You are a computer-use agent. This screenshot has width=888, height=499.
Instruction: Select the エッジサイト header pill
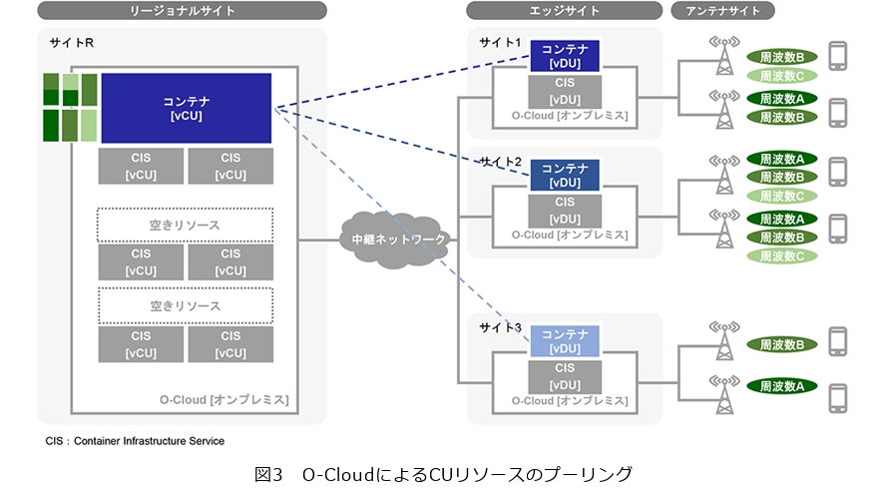pyautogui.click(x=564, y=11)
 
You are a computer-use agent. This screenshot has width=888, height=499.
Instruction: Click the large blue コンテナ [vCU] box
pyautogui.click(x=186, y=108)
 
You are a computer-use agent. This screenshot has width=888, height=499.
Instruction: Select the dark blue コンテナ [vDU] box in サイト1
pyautogui.click(x=564, y=56)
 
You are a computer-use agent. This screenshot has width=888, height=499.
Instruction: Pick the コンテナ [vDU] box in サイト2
pyautogui.click(x=564, y=175)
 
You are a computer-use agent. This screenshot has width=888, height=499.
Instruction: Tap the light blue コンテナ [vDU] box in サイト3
pyautogui.click(x=564, y=341)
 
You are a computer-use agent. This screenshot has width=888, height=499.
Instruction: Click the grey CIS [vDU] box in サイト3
pyautogui.click(x=564, y=376)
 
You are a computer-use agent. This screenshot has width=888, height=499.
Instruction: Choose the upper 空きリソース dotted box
pyautogui.click(x=185, y=224)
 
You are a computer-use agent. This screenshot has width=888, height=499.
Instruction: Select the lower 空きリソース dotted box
pyautogui.click(x=185, y=304)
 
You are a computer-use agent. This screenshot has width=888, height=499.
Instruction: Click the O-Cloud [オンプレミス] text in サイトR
pyautogui.click(x=223, y=400)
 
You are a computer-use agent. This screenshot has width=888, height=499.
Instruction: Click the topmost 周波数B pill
pyautogui.click(x=782, y=57)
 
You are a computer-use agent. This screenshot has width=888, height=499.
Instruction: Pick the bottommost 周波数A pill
pyautogui.click(x=782, y=385)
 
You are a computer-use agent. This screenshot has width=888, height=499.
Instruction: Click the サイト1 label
pyautogui.click(x=500, y=43)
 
